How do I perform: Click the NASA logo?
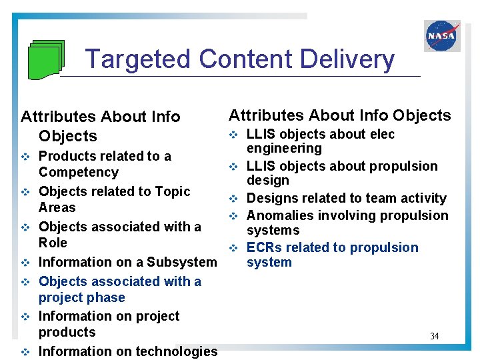coord(442,36)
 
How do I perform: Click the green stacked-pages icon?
coord(46,59)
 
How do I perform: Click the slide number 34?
coord(434,336)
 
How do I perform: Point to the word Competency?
coord(79,172)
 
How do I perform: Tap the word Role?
coord(53,243)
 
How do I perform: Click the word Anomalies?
coord(279,215)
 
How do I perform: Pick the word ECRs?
coord(266,247)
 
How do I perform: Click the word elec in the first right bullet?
coord(383,134)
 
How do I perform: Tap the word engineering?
coord(284,149)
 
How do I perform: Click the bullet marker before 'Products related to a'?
coord(25,157)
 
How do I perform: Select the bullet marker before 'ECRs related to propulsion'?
coord(233,248)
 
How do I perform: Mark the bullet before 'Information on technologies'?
coord(25,351)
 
